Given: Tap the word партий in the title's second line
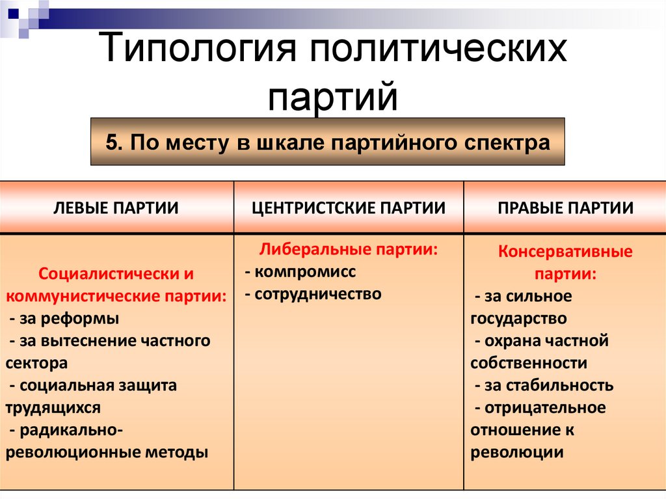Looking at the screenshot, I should click(x=332, y=96).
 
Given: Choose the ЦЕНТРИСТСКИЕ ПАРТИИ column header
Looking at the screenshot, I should click(x=349, y=208).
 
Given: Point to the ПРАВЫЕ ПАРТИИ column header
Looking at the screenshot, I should click(x=565, y=208).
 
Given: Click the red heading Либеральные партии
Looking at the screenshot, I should click(x=349, y=250).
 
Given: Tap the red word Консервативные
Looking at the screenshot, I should click(x=565, y=252).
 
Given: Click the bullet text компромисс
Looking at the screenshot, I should click(x=306, y=272).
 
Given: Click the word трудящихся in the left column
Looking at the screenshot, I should click(x=53, y=408).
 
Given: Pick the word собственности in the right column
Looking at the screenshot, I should click(x=528, y=363).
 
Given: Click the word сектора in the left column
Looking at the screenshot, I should click(x=36, y=363).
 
